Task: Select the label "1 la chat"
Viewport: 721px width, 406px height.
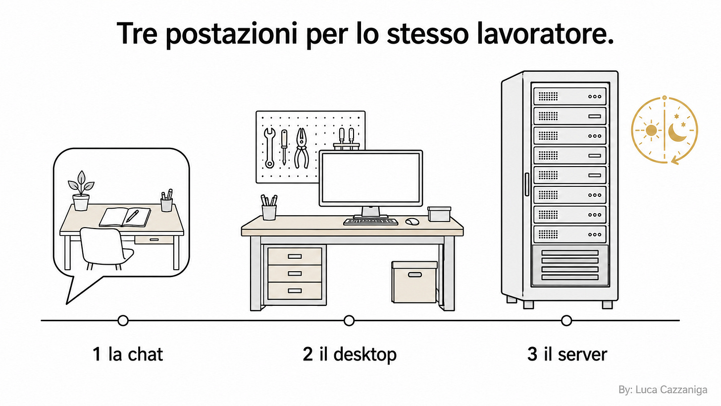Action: [x=128, y=354]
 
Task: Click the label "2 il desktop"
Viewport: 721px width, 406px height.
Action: [x=350, y=355]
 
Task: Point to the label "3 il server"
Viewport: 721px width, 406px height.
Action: [x=567, y=354]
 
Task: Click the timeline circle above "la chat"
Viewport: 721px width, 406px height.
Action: [x=123, y=321]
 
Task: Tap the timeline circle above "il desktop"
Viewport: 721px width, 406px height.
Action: [x=349, y=321]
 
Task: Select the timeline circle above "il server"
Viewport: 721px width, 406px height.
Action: [x=566, y=321]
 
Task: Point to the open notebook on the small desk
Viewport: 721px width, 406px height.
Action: [x=125, y=217]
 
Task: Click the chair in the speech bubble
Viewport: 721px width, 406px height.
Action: [x=105, y=248]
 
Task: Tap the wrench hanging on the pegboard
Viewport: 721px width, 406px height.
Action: [x=270, y=148]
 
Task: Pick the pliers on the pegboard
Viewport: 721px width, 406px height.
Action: [x=302, y=148]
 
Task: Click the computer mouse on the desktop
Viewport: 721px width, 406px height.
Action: [x=412, y=222]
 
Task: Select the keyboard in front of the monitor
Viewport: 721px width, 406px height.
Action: [x=370, y=222]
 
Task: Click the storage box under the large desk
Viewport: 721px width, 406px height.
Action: [x=414, y=282]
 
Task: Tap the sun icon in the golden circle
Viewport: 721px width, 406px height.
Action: [x=651, y=130]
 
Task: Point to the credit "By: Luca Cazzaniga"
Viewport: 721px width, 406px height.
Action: [x=663, y=390]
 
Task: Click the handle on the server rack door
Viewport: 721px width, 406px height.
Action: [x=527, y=184]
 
